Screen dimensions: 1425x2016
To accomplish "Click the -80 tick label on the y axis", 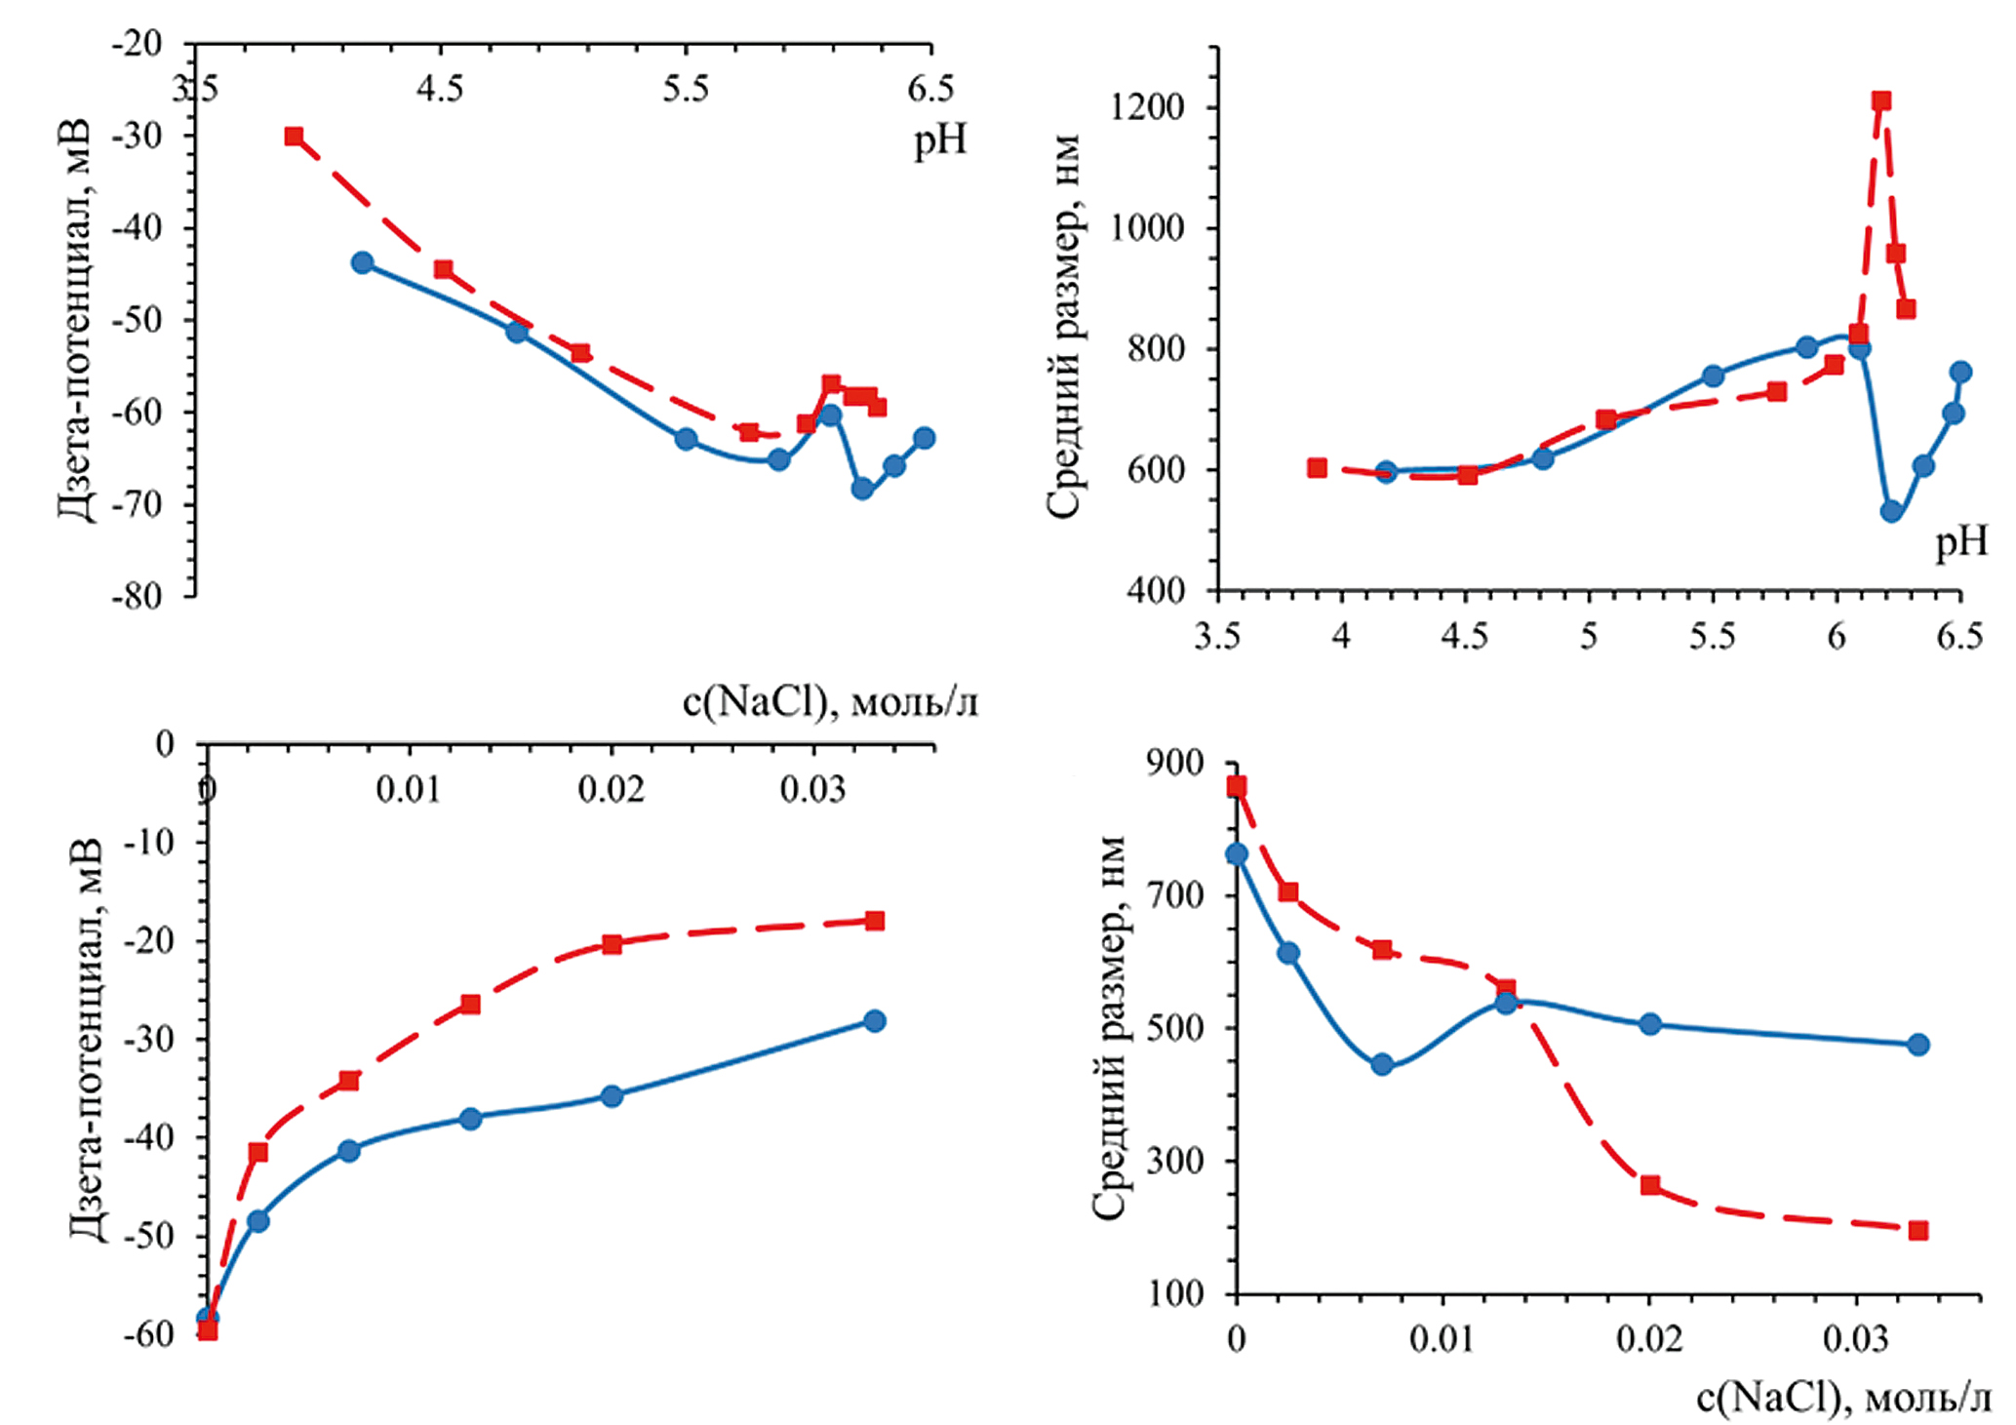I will [136, 596].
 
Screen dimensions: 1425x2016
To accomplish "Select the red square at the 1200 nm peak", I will [1881, 101].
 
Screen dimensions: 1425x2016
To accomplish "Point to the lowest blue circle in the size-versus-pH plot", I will [1891, 511].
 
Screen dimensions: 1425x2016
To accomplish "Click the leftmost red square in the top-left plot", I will [294, 137].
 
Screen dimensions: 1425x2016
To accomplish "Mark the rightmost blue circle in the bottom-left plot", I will [875, 1021].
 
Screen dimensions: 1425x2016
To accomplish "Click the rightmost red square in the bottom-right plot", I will [1918, 1231].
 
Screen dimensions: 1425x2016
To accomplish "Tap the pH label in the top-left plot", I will [940, 142].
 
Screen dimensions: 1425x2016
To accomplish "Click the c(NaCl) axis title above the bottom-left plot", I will [830, 702].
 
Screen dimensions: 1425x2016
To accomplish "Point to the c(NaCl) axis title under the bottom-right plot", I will [1843, 1399].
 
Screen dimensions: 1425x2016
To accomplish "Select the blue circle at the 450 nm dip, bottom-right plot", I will [1382, 1064].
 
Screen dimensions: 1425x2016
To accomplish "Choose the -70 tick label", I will [136, 504].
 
